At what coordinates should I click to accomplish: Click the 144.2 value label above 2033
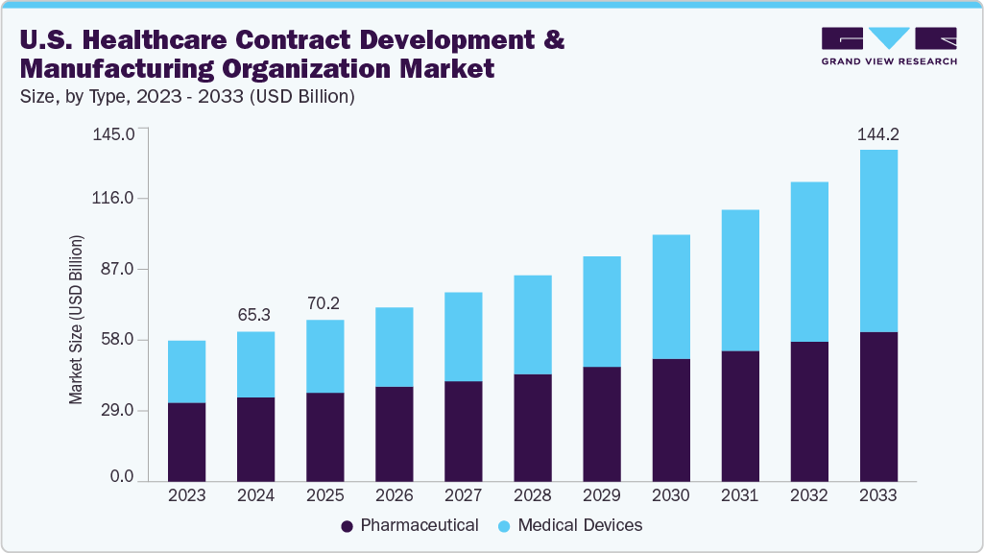coord(877,133)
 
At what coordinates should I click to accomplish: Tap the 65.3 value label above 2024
coord(255,315)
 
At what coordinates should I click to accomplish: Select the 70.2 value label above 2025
coord(324,303)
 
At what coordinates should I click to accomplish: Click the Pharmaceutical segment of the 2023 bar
coord(186,442)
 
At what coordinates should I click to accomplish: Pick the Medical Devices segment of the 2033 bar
coord(877,240)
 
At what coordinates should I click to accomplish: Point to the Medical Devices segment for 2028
coord(532,325)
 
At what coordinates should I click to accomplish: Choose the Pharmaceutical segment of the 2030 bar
coord(670,420)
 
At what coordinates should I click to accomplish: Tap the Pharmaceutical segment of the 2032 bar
coord(808,411)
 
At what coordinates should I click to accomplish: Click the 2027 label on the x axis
coord(463,496)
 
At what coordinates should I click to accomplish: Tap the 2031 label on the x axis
coord(739,496)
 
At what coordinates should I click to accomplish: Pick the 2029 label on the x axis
coord(601,496)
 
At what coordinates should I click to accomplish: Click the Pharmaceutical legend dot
coord(347,526)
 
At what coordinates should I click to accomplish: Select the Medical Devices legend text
coord(580,525)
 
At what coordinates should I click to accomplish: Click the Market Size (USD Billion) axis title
coord(76,319)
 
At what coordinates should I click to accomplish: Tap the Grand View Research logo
coord(889,45)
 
